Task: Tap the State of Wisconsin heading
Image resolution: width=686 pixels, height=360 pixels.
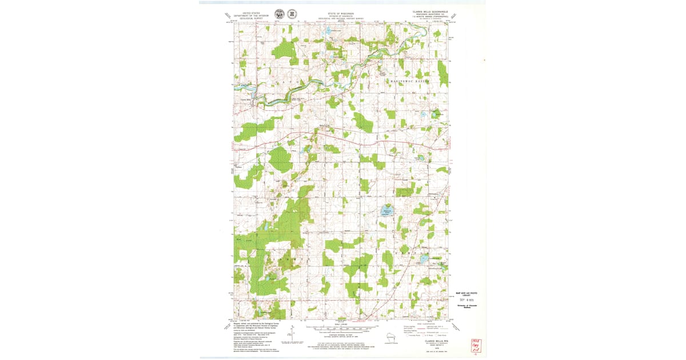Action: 341,15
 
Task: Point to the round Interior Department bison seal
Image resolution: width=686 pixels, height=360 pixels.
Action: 279,14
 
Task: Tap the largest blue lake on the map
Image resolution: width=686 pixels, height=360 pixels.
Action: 387,211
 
